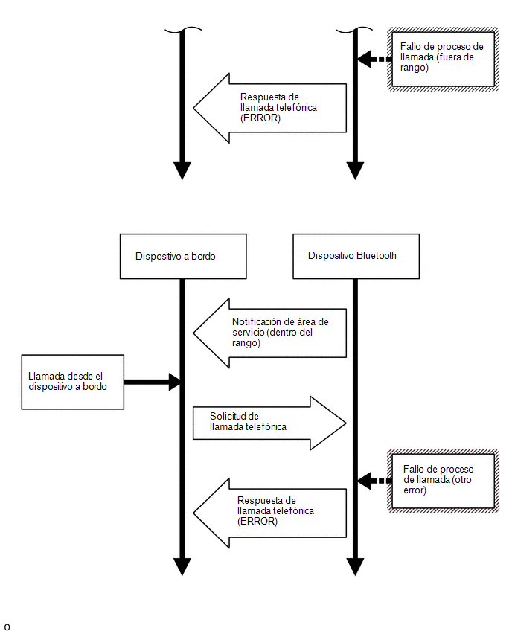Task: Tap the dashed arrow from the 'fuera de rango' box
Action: pos(374,59)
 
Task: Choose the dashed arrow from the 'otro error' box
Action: pos(374,481)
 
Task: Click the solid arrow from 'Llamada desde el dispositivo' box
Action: pos(152,382)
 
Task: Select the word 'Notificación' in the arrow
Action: pos(257,322)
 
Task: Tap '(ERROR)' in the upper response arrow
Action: pos(260,118)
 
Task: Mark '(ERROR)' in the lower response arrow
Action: pos(257,522)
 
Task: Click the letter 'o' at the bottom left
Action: pos(7,627)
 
